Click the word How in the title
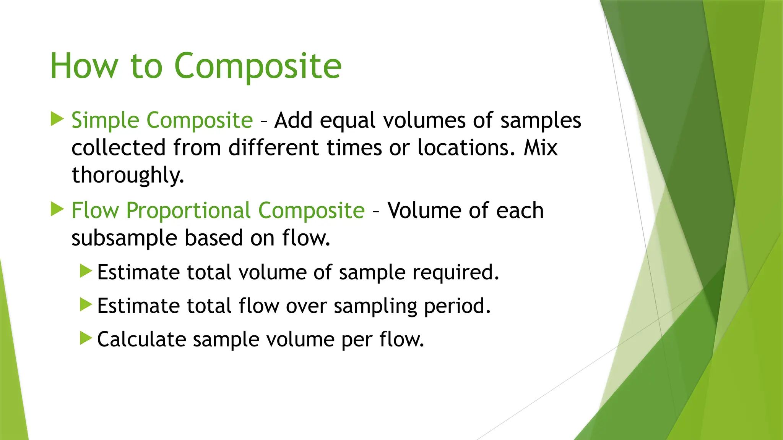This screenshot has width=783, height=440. coord(84,66)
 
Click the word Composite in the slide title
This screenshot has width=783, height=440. coord(258,66)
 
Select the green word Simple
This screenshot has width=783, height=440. coord(105,120)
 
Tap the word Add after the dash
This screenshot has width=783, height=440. coord(293,120)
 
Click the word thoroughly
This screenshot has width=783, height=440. coord(128,175)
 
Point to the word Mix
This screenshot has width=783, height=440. coord(540,148)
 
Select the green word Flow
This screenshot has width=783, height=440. coord(95,210)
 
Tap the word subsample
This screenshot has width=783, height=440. coord(124,238)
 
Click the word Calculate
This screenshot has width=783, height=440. coord(141,339)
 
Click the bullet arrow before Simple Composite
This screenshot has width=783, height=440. coord(57,119)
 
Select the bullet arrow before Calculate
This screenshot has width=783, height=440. coord(86,338)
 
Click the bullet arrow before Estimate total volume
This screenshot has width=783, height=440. coord(86,271)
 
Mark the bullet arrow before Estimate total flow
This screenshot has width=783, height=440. coord(86,304)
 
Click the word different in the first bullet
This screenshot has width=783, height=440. coord(273,148)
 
